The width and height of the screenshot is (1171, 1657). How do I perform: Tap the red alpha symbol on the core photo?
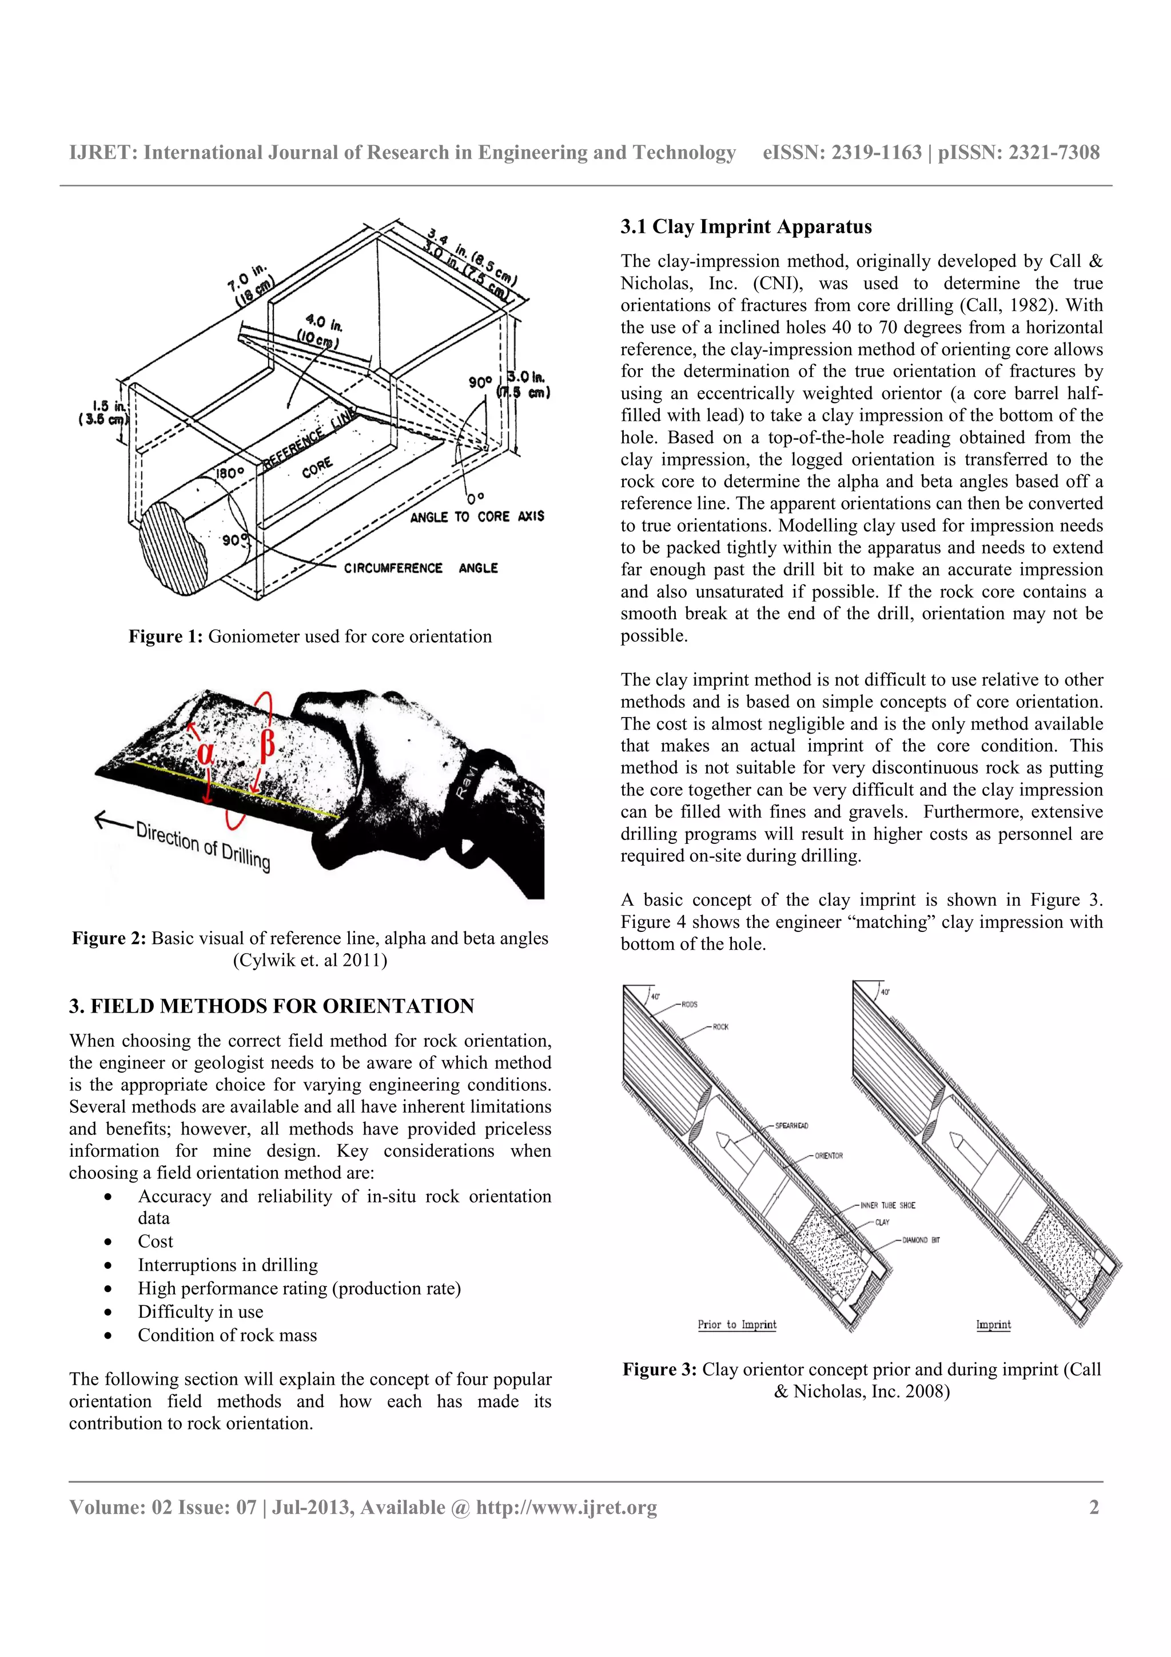click(x=206, y=752)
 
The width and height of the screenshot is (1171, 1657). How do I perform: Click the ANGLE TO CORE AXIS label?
click(x=477, y=517)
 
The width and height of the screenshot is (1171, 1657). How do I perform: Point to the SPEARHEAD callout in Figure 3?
click(x=791, y=1125)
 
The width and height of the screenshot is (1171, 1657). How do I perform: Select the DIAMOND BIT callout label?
click(x=921, y=1240)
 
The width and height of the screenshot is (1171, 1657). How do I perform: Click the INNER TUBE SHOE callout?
click(x=887, y=1205)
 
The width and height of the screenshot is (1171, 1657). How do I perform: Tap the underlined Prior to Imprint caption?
click(x=736, y=1324)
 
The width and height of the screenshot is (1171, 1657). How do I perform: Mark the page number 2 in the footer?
click(x=1094, y=1507)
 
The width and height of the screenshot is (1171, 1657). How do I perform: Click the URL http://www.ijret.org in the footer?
click(x=567, y=1507)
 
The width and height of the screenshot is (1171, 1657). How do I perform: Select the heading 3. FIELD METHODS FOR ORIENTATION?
click(x=271, y=1006)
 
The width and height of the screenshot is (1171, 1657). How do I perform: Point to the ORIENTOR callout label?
click(x=829, y=1156)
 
